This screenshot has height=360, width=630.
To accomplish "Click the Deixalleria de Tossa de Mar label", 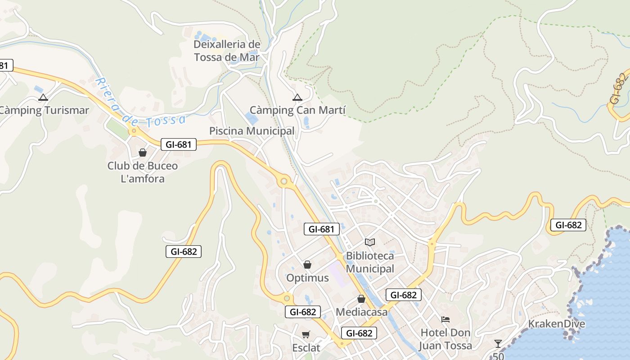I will [x=227, y=51].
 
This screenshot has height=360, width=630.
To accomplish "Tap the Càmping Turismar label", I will [x=44, y=110].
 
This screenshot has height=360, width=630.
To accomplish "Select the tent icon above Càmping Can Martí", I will [x=297, y=97].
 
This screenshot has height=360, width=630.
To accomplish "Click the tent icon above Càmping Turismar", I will [x=43, y=97].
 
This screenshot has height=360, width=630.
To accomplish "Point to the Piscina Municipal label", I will [x=252, y=131].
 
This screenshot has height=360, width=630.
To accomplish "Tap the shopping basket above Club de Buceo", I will [x=143, y=153].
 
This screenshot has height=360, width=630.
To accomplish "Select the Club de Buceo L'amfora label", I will [x=143, y=172].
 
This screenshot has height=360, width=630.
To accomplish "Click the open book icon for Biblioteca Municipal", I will [x=370, y=243].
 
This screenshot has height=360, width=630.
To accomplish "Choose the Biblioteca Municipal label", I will [x=370, y=262].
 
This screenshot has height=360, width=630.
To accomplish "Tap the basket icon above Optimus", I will [x=307, y=265].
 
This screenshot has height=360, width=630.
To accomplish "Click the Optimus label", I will [x=308, y=278].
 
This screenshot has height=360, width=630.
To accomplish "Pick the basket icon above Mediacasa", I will [x=361, y=299].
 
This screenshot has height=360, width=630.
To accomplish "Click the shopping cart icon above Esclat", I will [x=306, y=334].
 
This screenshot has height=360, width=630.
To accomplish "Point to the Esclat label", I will [x=306, y=348].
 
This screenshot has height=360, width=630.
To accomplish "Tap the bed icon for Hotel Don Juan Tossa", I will [x=445, y=319].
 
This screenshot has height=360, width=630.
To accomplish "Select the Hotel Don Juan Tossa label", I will [x=445, y=339].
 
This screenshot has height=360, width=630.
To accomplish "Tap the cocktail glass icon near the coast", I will [x=498, y=344].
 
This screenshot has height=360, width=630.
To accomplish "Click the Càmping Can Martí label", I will [x=297, y=110].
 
